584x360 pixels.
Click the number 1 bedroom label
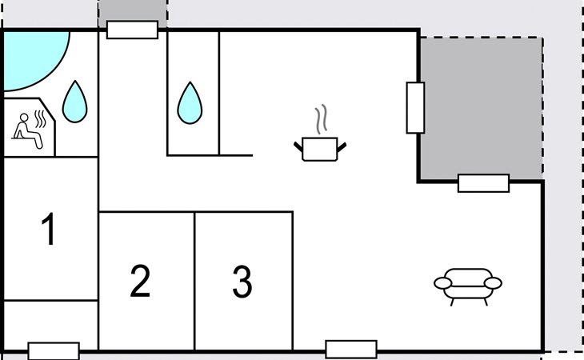pyautogui.click(x=49, y=230)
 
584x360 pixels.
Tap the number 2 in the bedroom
pyautogui.click(x=140, y=281)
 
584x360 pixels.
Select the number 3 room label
pyautogui.click(x=242, y=281)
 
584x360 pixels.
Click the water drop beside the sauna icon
pyautogui.click(x=75, y=102)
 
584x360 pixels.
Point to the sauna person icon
pyautogui.click(x=28, y=129)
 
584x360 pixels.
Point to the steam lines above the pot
pyautogui.click(x=322, y=120)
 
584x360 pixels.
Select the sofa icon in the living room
pyautogui.click(x=468, y=283)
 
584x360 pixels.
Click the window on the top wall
pyautogui.click(x=132, y=30)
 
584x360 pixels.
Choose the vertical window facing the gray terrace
pyautogui.click(x=414, y=107)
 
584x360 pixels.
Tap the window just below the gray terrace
pyautogui.click(x=483, y=183)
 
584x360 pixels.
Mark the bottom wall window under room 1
pyautogui.click(x=54, y=350)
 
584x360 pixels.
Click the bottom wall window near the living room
pyautogui.click(x=350, y=349)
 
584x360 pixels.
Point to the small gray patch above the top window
pyautogui.click(x=132, y=10)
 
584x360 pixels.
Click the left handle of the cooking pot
pyautogui.click(x=298, y=146)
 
